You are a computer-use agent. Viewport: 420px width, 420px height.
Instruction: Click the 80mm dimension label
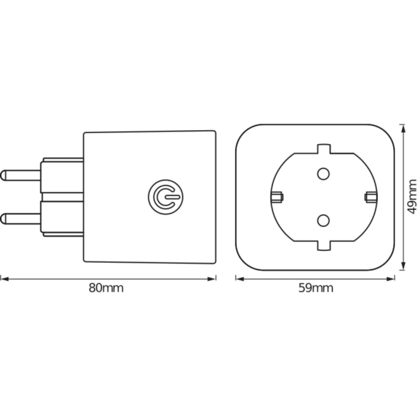(106, 287)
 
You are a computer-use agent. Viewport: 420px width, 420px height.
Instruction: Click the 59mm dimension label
(316, 287)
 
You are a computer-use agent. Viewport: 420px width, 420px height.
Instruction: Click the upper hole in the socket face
(323, 174)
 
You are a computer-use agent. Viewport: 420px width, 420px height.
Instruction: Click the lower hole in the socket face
(323, 220)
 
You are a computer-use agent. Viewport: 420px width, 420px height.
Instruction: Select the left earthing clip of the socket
(277, 197)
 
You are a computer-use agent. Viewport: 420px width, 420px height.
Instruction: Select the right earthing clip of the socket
(370, 197)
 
